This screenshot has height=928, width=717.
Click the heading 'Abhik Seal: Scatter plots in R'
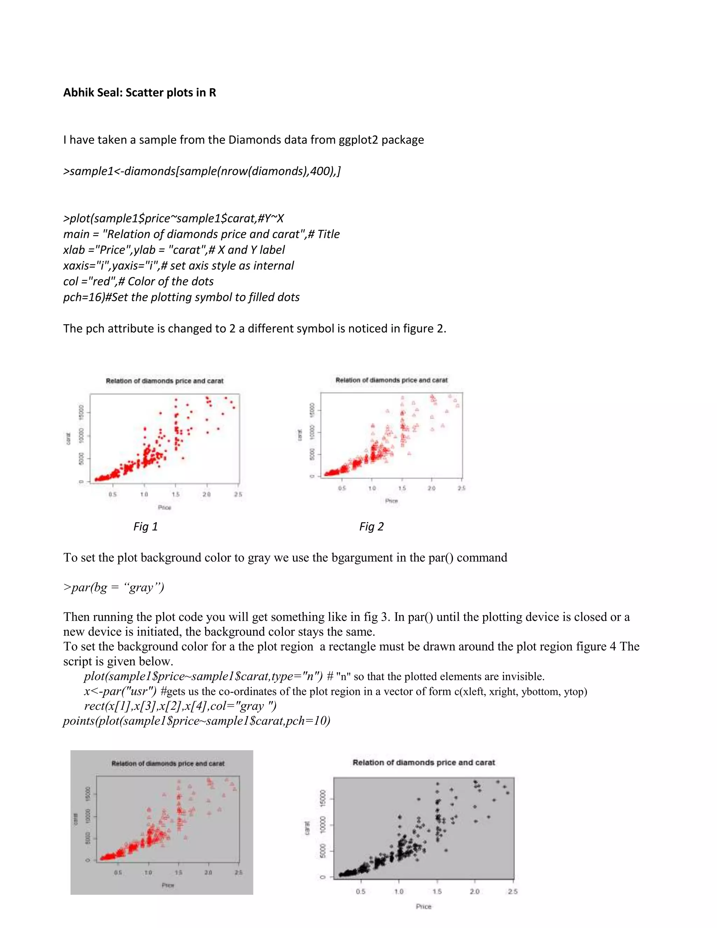139,93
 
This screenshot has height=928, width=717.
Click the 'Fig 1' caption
145,526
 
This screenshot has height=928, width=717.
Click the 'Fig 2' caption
371,526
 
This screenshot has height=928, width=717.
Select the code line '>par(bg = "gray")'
113,587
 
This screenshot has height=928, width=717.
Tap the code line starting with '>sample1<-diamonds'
202,171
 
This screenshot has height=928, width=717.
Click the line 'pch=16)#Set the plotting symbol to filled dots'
181,297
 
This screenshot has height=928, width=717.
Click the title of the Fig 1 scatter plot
165,381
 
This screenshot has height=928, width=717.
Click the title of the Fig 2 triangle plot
391,380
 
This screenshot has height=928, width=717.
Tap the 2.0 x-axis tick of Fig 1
207,494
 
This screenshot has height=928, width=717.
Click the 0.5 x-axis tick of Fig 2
342,488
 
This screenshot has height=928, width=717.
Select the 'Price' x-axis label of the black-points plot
424,906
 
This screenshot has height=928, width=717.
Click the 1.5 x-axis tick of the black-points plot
437,892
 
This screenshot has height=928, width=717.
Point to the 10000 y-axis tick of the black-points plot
323,825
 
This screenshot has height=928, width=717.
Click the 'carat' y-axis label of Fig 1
68,438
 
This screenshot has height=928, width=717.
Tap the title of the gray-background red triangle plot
168,763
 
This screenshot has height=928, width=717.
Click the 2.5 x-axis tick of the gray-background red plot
239,872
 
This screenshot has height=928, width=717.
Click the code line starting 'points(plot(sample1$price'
197,721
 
